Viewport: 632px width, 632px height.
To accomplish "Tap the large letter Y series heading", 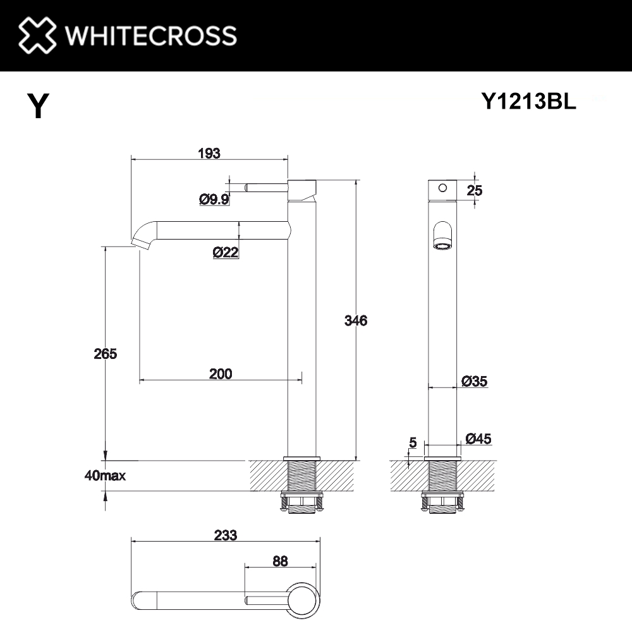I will (x=38, y=106).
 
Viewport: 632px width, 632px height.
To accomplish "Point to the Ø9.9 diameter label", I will (x=214, y=199).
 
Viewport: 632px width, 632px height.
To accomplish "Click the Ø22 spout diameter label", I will (x=225, y=252).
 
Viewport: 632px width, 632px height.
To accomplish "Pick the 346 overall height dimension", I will (x=356, y=320).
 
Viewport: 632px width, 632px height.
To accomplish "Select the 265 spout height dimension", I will (x=106, y=354).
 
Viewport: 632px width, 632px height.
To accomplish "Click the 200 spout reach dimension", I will (x=220, y=374).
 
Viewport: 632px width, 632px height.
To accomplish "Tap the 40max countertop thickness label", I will (x=104, y=476).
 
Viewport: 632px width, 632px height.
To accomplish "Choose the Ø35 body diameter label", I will (x=474, y=381).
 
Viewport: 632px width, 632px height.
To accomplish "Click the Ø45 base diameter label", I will (x=478, y=439).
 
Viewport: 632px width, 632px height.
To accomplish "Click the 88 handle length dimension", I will (x=281, y=560).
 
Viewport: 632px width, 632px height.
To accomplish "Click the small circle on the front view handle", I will (x=442, y=188).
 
